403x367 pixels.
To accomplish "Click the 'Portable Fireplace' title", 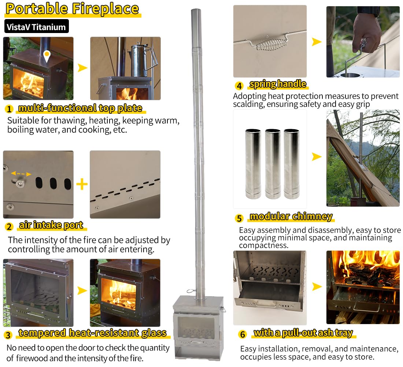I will click(72, 9).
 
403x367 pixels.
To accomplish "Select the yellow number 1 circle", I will click(9, 109).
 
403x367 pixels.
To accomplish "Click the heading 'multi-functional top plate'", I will click(80, 108).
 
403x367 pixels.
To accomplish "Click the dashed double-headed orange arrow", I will click(21, 173).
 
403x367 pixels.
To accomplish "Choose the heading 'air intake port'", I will click(51, 225).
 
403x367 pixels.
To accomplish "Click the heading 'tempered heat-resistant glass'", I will click(92, 333).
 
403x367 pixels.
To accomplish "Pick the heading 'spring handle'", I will click(277, 84).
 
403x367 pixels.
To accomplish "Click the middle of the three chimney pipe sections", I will click(272, 163).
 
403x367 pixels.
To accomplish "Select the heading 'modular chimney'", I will click(291, 217).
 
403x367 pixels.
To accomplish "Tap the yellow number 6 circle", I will click(242, 334).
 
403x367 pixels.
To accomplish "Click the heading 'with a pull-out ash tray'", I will click(303, 333).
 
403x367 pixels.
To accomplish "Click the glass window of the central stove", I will click(196, 327).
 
